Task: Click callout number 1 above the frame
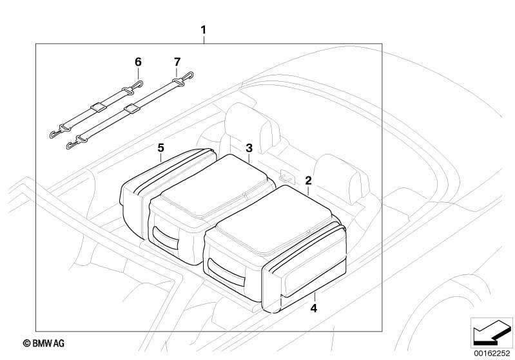pyautogui.click(x=203, y=30)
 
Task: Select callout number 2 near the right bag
pyautogui.click(x=308, y=180)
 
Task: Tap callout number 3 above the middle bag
pyautogui.click(x=249, y=148)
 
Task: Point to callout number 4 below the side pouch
pyautogui.click(x=314, y=308)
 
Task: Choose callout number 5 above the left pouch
pyautogui.click(x=160, y=147)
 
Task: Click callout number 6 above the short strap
pyautogui.click(x=139, y=62)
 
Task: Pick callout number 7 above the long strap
pyautogui.click(x=177, y=62)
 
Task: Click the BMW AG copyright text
pyautogui.click(x=44, y=343)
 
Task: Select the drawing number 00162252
pyautogui.click(x=492, y=354)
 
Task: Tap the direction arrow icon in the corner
pyautogui.click(x=492, y=333)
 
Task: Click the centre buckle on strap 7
pyautogui.click(x=131, y=108)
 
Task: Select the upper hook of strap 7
pyautogui.click(x=188, y=76)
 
